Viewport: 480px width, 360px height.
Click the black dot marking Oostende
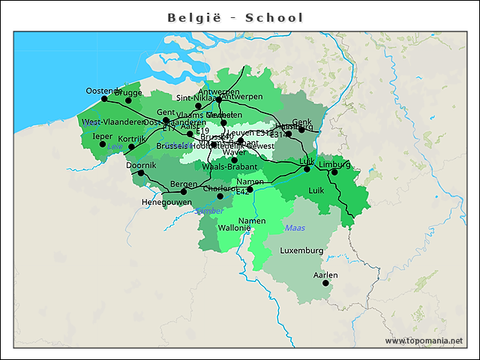pyautogui.click(x=104, y=98)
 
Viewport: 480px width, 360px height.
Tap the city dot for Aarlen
pyautogui.click(x=325, y=283)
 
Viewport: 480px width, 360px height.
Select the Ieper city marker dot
pyautogui.click(x=103, y=144)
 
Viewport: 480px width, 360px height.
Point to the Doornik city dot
pyautogui.click(x=141, y=172)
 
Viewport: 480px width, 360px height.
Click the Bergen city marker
pyautogui.click(x=184, y=191)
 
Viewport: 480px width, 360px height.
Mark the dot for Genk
pyautogui.click(x=301, y=129)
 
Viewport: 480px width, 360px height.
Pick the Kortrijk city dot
pyautogui.click(x=131, y=147)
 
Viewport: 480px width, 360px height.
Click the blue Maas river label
pyautogui.click(x=295, y=227)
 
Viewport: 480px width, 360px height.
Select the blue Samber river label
pyautogui.click(x=208, y=211)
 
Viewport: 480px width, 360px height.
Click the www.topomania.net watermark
pyautogui.click(x=424, y=340)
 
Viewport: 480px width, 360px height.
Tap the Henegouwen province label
pyautogui.click(x=166, y=202)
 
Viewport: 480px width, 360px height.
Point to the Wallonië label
pyautogui.click(x=234, y=227)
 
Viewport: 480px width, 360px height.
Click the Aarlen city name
pyautogui.click(x=325, y=274)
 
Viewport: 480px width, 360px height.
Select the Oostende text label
pyautogui.click(x=103, y=90)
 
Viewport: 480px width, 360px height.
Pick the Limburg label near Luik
pyautogui.click(x=334, y=163)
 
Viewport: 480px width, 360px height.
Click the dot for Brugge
pyautogui.click(x=128, y=100)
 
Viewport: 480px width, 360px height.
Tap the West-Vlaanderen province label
pyautogui.click(x=113, y=121)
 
